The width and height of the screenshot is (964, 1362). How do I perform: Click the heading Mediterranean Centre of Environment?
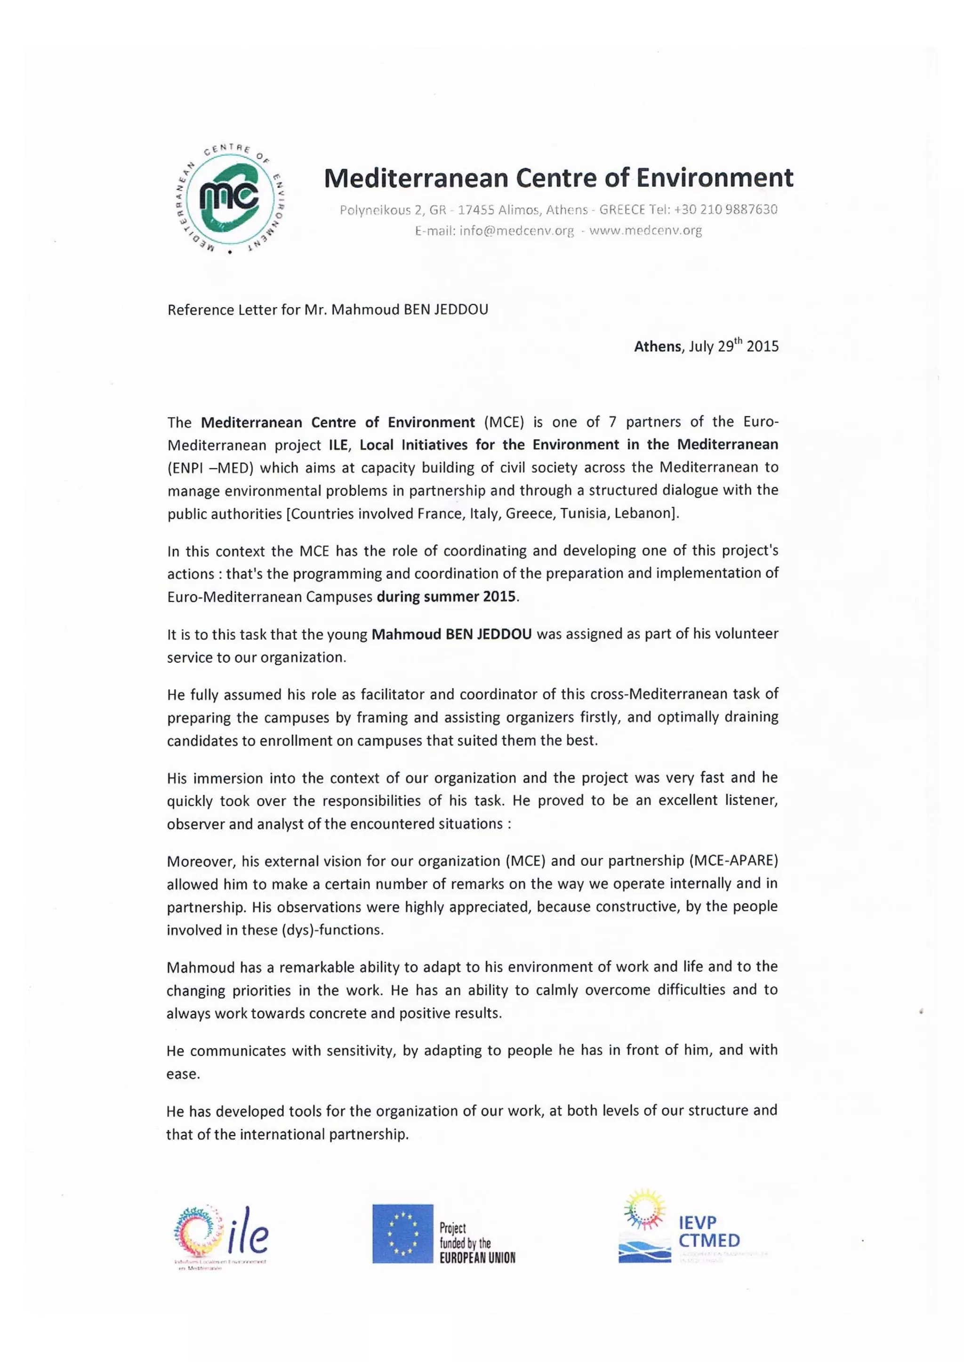[558, 178]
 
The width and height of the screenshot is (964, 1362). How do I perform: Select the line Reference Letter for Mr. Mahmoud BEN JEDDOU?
[328, 310]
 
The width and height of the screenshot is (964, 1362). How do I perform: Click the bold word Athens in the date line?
[658, 347]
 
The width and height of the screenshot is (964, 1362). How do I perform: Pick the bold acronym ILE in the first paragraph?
[338, 445]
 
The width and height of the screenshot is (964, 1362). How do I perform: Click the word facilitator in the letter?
[393, 694]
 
